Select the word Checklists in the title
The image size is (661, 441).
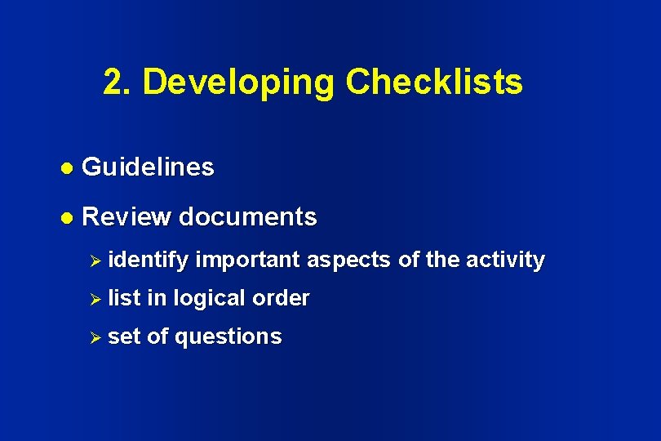click(434, 82)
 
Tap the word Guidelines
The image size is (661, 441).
click(149, 168)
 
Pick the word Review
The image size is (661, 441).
click(126, 217)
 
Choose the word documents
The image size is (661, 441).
click(247, 217)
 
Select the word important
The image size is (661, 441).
click(250, 260)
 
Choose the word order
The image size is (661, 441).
click(281, 298)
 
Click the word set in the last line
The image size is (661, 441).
click(123, 336)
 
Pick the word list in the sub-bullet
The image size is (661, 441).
click(124, 298)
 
